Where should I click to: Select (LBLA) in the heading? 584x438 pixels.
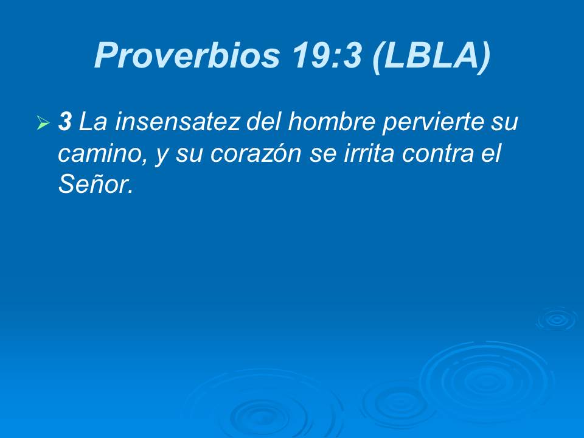431,56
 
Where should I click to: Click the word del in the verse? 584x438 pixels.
265,122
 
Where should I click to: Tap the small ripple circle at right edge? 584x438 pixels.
556,319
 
